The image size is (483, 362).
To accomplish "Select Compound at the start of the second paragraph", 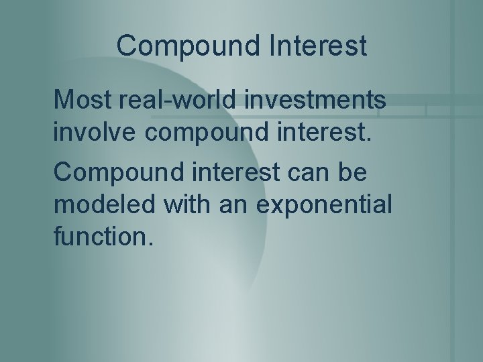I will click(x=115, y=174).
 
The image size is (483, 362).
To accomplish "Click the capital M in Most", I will click(x=62, y=101).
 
